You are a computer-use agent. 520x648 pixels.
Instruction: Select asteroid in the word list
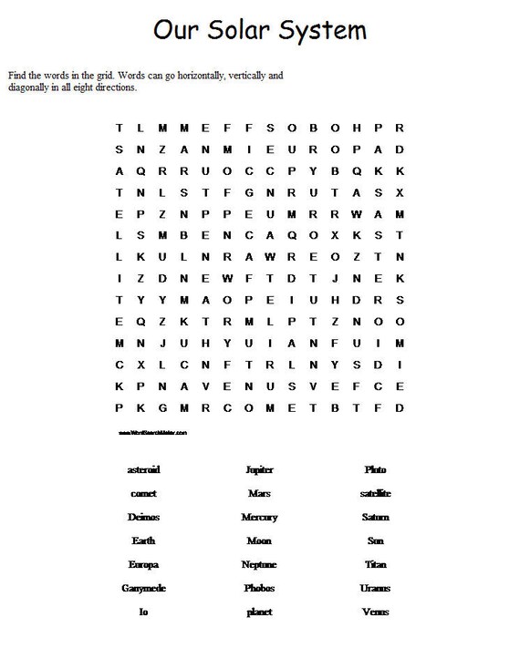tap(143, 469)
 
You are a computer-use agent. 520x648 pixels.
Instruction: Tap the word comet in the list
tap(143, 493)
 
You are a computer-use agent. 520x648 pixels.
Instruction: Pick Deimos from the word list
tap(143, 517)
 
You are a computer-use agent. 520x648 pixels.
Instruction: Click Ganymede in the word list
tap(143, 588)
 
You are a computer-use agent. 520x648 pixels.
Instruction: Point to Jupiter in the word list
tap(259, 470)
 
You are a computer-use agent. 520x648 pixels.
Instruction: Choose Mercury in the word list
tap(259, 517)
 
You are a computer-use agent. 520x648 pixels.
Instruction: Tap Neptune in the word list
tap(259, 564)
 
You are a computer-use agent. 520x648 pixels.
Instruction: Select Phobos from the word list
tap(259, 588)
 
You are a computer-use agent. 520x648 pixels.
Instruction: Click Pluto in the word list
tap(375, 469)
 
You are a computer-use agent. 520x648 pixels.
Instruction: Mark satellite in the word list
tap(375, 493)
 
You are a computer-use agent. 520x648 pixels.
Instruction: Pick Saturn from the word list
tap(375, 517)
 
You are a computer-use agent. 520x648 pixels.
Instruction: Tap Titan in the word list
tap(375, 564)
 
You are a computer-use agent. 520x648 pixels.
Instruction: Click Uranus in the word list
tap(375, 588)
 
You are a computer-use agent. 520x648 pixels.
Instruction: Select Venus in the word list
tap(375, 612)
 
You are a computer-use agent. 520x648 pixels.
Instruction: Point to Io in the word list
tap(143, 612)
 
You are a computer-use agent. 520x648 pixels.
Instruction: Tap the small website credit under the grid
tap(152, 432)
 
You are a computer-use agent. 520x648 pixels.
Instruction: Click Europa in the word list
tap(143, 564)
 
